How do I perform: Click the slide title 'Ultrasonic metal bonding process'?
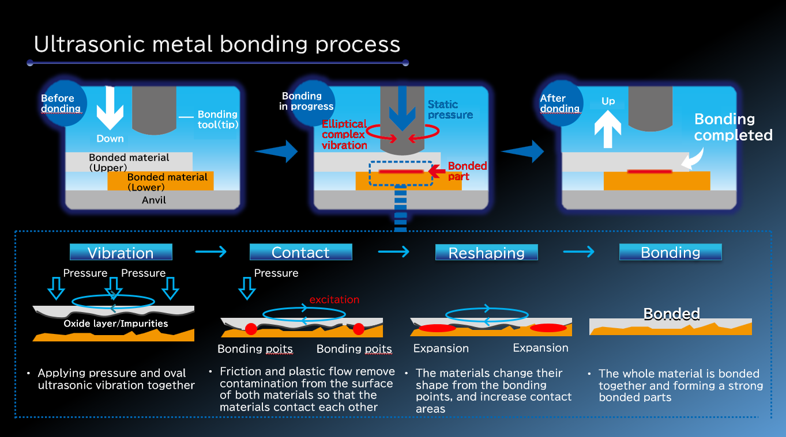click(x=217, y=44)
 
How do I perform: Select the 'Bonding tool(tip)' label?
click(x=217, y=119)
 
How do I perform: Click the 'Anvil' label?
click(x=154, y=200)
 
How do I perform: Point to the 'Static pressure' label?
click(x=450, y=109)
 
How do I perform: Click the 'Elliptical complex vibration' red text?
click(x=344, y=135)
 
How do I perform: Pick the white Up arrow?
click(x=608, y=129)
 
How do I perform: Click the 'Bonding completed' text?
click(x=733, y=127)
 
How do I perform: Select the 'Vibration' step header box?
click(x=121, y=252)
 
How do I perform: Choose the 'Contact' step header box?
click(x=300, y=252)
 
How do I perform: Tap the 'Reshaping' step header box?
click(x=486, y=252)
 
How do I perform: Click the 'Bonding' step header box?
click(x=671, y=252)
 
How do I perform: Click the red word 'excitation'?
click(x=334, y=299)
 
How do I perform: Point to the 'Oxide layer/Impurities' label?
click(x=116, y=324)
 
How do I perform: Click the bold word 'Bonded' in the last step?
click(x=672, y=314)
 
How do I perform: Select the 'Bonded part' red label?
click(x=467, y=171)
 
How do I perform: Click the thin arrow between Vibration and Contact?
click(x=211, y=252)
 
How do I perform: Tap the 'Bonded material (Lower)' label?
click(x=167, y=182)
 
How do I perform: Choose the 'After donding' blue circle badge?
click(x=561, y=103)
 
